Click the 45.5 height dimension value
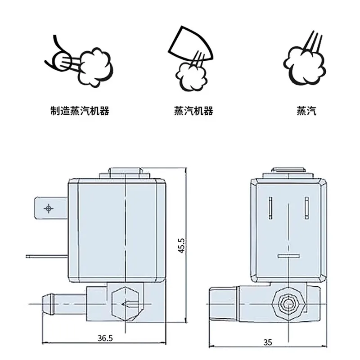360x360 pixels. [x=181, y=245]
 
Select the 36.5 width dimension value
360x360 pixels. [x=105, y=338]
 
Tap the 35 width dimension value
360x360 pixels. [x=268, y=342]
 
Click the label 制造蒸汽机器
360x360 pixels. [x=80, y=111]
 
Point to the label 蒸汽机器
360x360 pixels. [x=193, y=111]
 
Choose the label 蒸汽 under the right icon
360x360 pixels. [x=306, y=111]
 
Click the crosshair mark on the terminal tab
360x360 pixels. [x=49, y=208]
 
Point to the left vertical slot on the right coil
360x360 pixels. [x=270, y=208]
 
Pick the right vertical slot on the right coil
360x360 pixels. [x=307, y=208]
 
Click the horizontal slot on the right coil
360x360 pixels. [x=288, y=256]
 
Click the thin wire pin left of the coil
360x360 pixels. [x=47, y=256]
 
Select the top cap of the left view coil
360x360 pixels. [x=125, y=173]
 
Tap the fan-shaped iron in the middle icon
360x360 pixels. [x=190, y=43]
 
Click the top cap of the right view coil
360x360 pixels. [x=288, y=173]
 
